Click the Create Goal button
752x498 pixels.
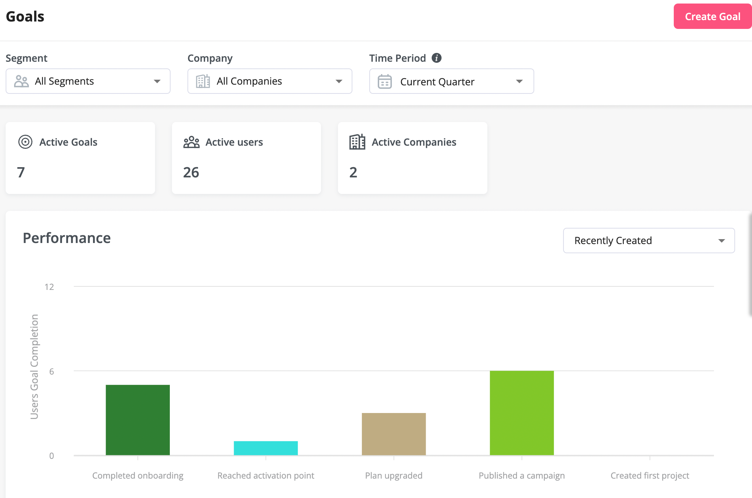712,17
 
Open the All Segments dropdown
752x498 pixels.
88,81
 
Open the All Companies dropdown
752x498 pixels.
270,81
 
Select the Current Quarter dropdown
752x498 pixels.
451,81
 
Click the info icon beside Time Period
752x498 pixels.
437,58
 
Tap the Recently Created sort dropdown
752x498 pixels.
649,241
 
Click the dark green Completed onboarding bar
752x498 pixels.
138,420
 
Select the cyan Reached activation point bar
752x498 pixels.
266,448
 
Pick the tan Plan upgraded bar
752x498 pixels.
394,434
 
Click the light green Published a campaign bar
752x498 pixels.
522,413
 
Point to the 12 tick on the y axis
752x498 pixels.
49,287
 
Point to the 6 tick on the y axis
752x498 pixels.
51,371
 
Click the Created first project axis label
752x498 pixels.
649,475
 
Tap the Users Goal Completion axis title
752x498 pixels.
34,367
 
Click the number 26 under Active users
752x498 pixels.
191,172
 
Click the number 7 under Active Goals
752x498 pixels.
21,172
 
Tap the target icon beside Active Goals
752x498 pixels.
25,142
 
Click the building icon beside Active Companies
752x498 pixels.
357,142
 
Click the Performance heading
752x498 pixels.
67,238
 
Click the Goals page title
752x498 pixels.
25,17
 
